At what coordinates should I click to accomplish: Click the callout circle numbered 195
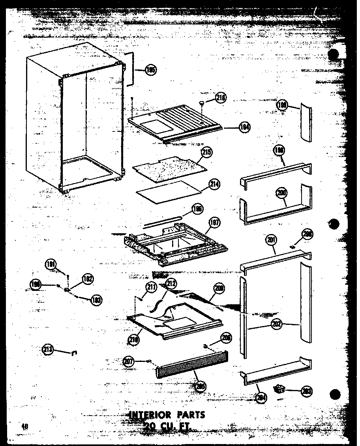(x=150, y=70)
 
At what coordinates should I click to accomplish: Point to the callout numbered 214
(x=215, y=184)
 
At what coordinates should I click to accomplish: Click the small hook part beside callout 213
(x=73, y=352)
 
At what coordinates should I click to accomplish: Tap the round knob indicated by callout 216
(x=203, y=103)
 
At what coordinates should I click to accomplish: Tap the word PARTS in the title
(x=192, y=415)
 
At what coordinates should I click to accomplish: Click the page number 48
(x=26, y=425)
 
